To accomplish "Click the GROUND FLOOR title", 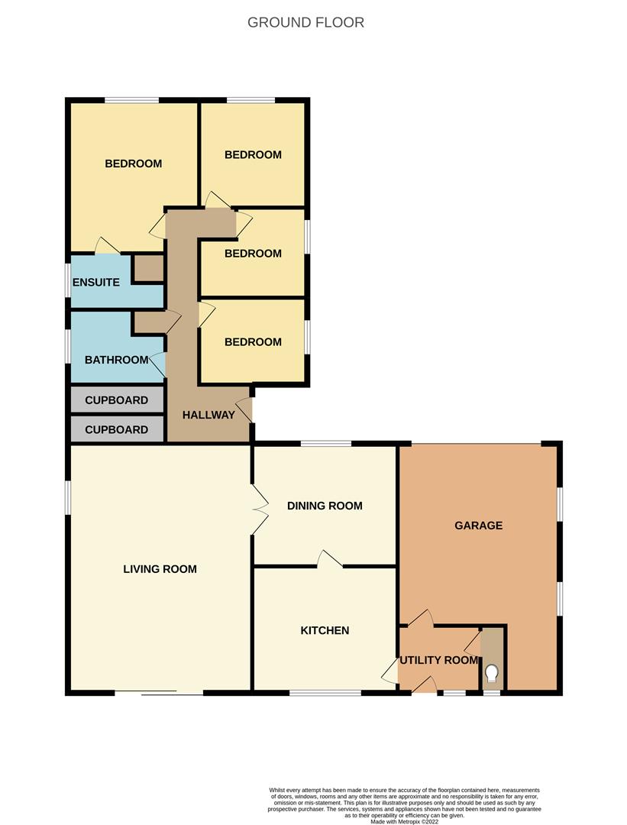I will tap(305, 22).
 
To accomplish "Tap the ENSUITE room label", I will tap(95, 282).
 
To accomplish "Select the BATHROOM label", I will tap(116, 360).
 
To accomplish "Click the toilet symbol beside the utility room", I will tap(492, 673).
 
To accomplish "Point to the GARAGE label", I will tap(478, 526).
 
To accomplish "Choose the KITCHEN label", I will tap(325, 630).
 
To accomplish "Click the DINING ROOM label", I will tap(325, 506).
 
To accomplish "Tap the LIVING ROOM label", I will tap(160, 568).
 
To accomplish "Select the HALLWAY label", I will tap(208, 415).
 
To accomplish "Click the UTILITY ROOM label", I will tap(439, 660).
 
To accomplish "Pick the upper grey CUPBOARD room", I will tap(116, 400).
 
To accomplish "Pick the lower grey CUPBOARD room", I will tap(116, 429).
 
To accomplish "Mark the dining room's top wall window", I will tap(325, 444).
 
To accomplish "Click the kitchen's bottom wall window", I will tap(325, 693).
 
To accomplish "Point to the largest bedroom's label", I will tap(133, 163).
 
